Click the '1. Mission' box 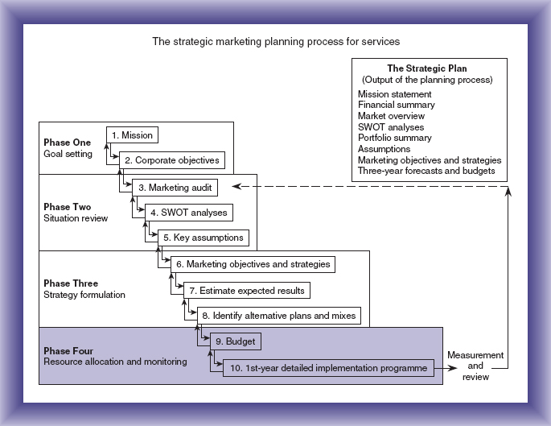tap(132, 135)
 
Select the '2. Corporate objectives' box tap(172, 160)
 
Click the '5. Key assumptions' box tap(203, 238)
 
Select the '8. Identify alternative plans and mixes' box tap(278, 315)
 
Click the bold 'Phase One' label tap(68, 143)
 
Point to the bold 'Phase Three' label tap(72, 283)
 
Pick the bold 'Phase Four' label tap(70, 350)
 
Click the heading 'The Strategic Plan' tap(427, 68)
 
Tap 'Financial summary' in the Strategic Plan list tap(397, 105)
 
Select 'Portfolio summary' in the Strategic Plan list tap(395, 138)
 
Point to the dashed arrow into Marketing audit tap(370, 187)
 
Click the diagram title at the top tap(275, 40)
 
